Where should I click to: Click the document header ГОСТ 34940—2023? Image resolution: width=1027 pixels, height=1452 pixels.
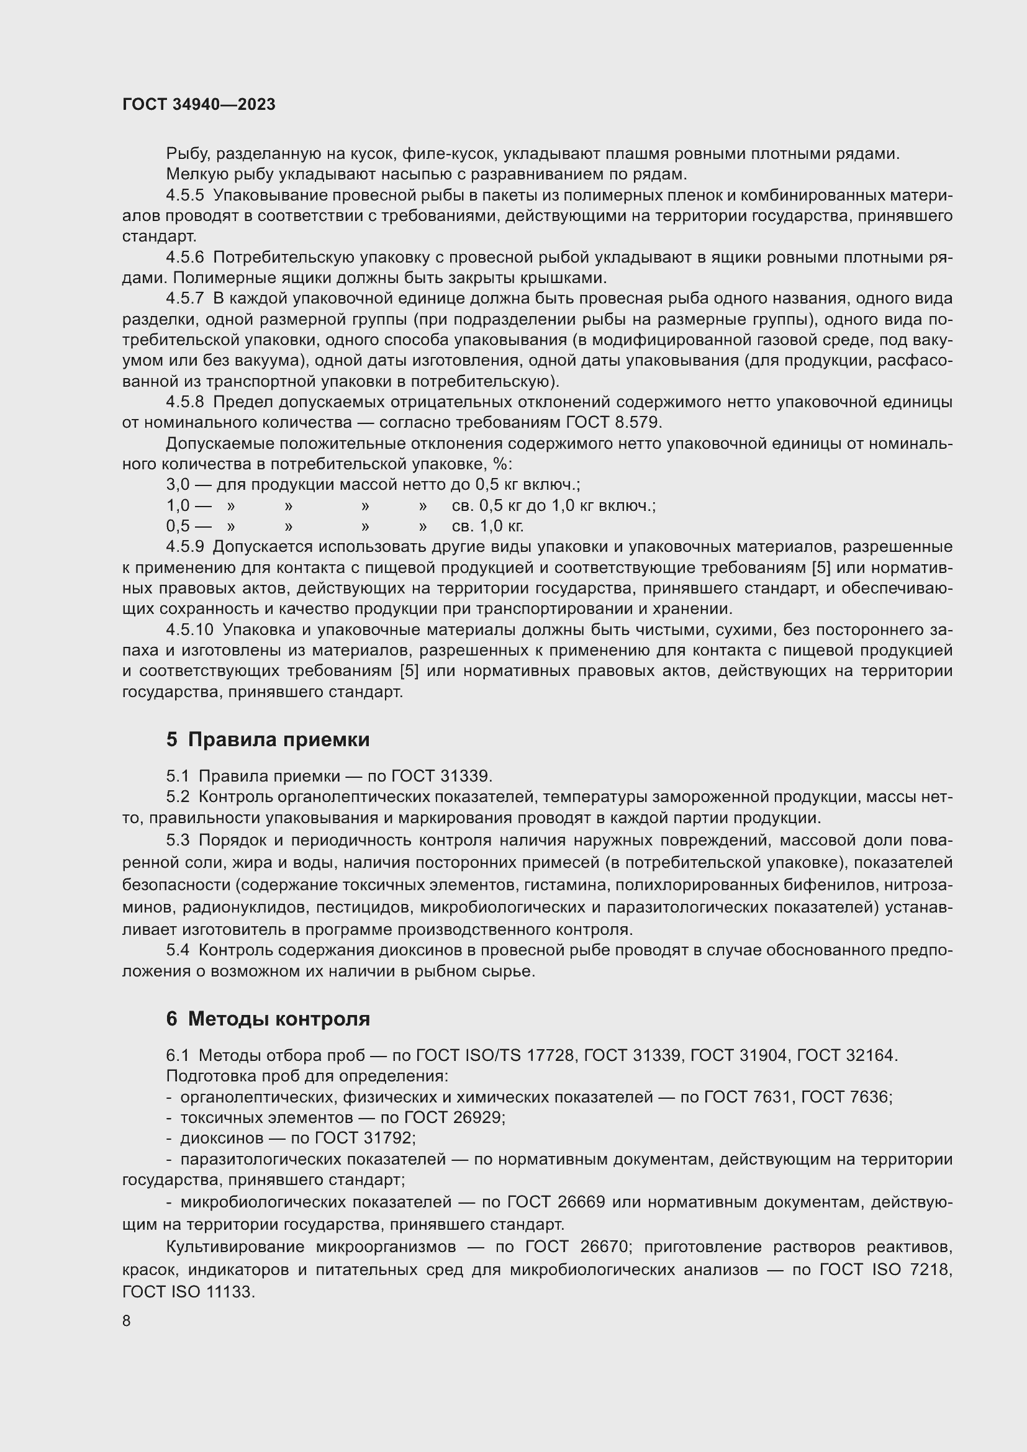[x=199, y=104]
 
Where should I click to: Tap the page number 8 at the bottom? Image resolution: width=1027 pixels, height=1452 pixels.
[x=127, y=1320]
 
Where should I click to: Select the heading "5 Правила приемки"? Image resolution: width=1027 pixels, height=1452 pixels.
[x=268, y=739]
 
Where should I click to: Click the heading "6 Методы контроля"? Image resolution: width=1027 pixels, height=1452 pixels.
[x=268, y=1019]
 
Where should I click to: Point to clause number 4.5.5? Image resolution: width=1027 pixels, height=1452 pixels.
[x=184, y=196]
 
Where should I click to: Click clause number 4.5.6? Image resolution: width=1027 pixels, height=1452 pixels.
[x=184, y=257]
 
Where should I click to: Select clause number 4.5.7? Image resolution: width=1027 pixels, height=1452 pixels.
[x=184, y=298]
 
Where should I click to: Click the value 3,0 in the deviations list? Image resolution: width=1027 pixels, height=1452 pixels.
[x=178, y=484]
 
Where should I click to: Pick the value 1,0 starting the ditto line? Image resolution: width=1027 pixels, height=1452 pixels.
[x=178, y=505]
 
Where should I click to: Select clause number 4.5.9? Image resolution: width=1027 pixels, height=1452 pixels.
[x=184, y=546]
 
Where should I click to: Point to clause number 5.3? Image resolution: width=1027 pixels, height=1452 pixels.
[x=178, y=840]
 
